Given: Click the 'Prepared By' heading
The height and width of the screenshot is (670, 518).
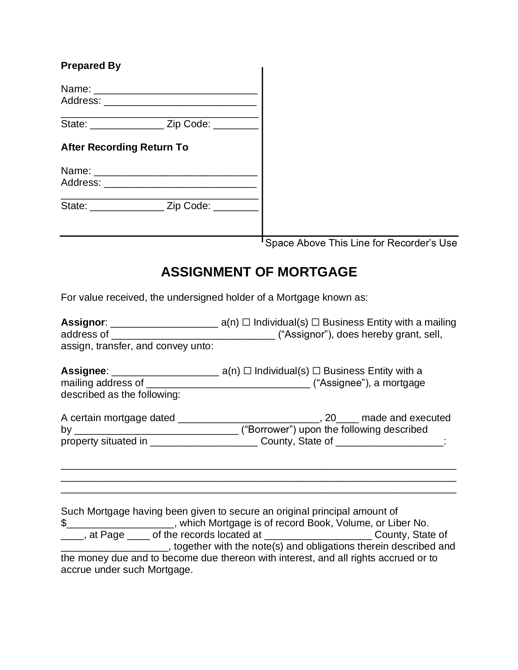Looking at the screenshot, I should (x=91, y=66).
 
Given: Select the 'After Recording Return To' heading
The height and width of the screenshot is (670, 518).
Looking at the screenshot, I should (x=125, y=147).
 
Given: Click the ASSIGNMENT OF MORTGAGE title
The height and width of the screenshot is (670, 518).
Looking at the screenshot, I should (x=259, y=272).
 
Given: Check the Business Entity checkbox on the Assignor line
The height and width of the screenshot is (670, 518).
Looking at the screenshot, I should (x=315, y=323).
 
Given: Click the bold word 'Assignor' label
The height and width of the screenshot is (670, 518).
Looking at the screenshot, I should (x=83, y=322).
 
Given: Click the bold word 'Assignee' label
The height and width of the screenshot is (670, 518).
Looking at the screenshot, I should (x=83, y=371).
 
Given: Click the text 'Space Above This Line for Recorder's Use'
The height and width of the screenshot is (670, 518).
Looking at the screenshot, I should (x=361, y=243).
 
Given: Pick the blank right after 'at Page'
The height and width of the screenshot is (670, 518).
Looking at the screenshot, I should (x=139, y=535).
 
